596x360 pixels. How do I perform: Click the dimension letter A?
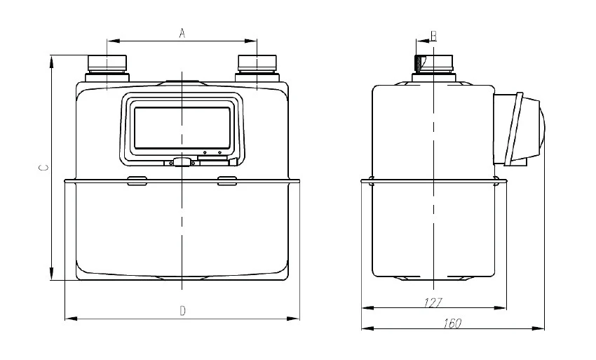pos(182,33)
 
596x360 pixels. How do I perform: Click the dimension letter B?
pos(434,36)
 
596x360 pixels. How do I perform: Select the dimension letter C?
pos(44,168)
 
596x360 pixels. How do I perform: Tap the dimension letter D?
pos(182,311)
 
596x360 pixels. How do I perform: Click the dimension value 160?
pos(452,324)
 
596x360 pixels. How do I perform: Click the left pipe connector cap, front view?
pos(107,62)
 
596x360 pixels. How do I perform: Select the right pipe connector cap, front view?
pos(257,62)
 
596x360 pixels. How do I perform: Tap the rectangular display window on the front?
pos(182,128)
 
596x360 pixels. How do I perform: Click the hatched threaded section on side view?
pos(419,64)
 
